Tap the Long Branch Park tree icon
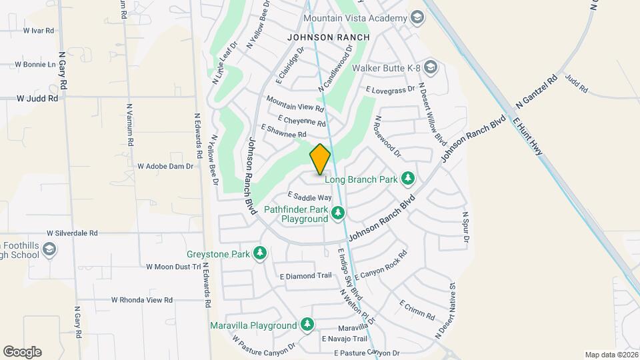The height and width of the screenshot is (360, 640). [x=408, y=179]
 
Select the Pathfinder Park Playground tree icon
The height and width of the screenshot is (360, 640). [x=339, y=213]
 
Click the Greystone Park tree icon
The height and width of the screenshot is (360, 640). [x=260, y=253]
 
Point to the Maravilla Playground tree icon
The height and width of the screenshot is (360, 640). [x=307, y=325]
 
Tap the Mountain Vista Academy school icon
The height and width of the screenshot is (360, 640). [x=417, y=18]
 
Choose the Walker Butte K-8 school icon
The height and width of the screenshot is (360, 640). [x=431, y=67]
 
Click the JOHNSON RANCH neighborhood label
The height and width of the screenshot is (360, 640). [x=328, y=38]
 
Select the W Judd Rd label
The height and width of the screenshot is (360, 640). [x=37, y=98]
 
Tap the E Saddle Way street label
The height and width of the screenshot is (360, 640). [x=309, y=197]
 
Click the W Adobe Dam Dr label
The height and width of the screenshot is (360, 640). [x=165, y=166]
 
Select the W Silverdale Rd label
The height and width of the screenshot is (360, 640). [x=72, y=233]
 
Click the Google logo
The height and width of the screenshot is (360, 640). [x=22, y=352]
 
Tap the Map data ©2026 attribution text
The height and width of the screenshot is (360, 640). [x=611, y=355]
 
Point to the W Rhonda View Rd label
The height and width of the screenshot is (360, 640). [x=141, y=300]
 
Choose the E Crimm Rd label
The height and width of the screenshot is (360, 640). [x=417, y=309]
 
